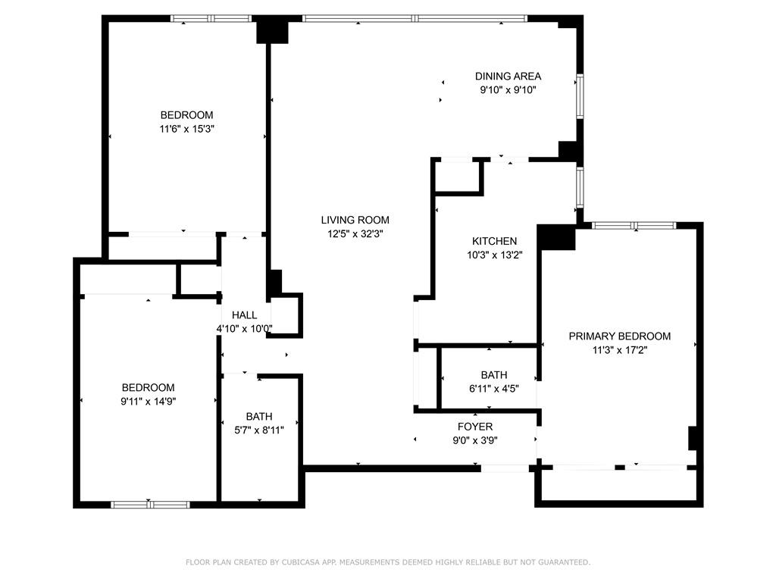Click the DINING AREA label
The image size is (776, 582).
[508, 76]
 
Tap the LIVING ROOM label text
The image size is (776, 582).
[355, 221]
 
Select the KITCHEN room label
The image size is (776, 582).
[492, 241]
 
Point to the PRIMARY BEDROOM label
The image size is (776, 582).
[619, 336]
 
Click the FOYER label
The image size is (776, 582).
[475, 427]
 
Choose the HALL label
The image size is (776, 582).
[244, 315]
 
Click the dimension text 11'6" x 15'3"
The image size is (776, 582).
[186, 129]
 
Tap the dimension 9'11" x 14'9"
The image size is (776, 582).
[149, 401]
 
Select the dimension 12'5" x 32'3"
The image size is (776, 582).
[355, 234]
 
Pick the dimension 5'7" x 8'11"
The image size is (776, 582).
[258, 430]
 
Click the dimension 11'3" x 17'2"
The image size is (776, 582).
[619, 350]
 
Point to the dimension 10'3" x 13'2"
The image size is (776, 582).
[492, 255]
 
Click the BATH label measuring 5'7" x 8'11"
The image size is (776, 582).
[258, 416]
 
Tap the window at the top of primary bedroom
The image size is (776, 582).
[634, 225]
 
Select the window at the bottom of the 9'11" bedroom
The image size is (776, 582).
[149, 504]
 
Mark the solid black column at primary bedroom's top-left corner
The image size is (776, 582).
[557, 237]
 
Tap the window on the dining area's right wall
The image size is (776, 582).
[580, 95]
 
